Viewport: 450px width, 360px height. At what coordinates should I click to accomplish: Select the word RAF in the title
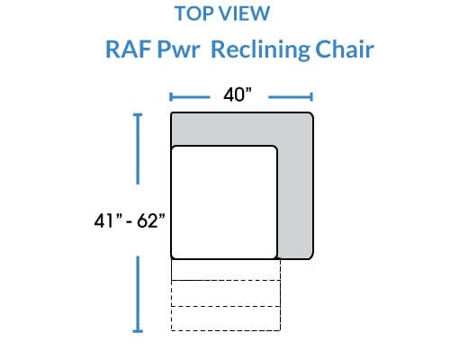(129, 49)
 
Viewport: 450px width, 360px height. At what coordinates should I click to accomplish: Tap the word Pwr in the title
(178, 49)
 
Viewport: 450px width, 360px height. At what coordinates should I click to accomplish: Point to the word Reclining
(260, 49)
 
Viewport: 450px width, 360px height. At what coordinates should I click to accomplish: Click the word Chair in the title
(345, 49)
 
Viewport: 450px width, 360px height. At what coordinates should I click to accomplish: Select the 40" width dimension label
(238, 94)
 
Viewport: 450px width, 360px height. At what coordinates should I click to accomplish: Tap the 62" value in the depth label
(151, 221)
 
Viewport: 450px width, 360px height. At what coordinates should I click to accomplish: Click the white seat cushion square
(224, 202)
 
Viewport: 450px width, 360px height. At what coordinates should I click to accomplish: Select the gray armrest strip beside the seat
(295, 202)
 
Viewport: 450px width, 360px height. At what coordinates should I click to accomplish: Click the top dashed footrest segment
(226, 270)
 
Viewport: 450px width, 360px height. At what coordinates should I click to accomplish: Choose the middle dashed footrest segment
(226, 293)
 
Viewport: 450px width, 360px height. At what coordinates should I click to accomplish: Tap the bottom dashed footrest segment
(226, 319)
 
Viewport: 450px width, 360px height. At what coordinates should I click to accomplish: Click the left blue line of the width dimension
(190, 97)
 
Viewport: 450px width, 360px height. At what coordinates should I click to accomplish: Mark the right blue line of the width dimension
(291, 97)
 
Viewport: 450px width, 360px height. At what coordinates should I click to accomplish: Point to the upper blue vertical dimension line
(138, 148)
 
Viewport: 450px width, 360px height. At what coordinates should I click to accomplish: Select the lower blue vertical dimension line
(138, 294)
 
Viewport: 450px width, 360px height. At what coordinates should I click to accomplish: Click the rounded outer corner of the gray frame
(311, 114)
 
